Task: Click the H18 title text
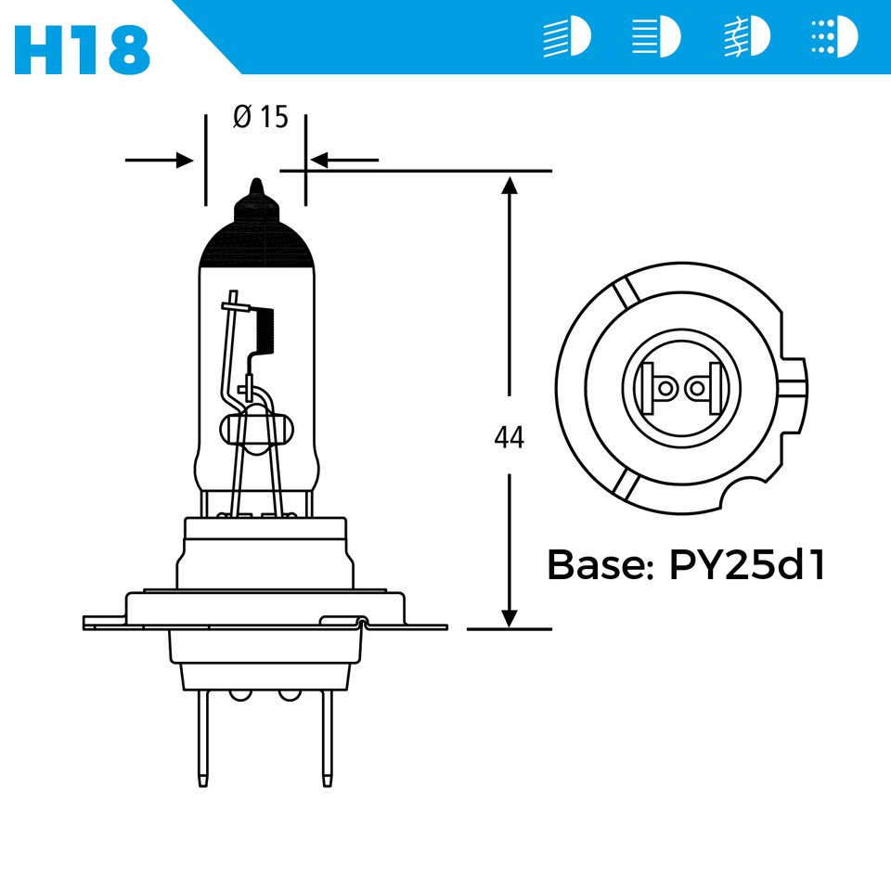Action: point(83,48)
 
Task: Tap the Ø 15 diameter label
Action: point(261,117)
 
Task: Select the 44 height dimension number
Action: point(509,437)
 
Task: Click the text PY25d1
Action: point(747,565)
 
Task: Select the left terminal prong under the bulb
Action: point(203,738)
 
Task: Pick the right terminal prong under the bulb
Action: point(327,738)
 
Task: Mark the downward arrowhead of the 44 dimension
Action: point(509,617)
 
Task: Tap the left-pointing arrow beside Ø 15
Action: point(343,161)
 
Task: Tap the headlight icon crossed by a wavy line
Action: point(747,38)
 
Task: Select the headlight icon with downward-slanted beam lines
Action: point(566,38)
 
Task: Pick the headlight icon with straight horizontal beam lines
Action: point(655,38)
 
